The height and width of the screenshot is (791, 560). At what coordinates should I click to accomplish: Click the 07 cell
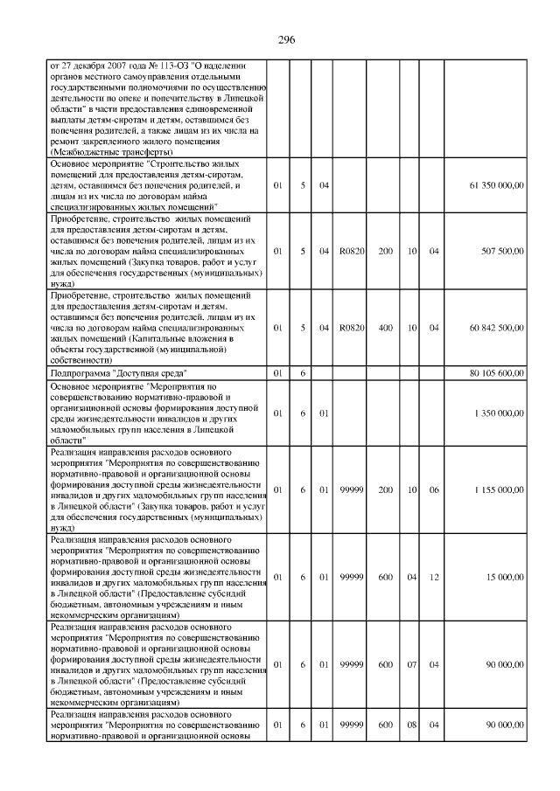(410, 664)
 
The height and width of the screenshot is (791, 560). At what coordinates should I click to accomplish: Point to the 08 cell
(410, 724)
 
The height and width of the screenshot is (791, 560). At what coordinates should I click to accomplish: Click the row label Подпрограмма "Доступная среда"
(123, 372)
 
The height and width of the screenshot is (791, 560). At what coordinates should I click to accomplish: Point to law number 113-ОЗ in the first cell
(165, 66)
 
